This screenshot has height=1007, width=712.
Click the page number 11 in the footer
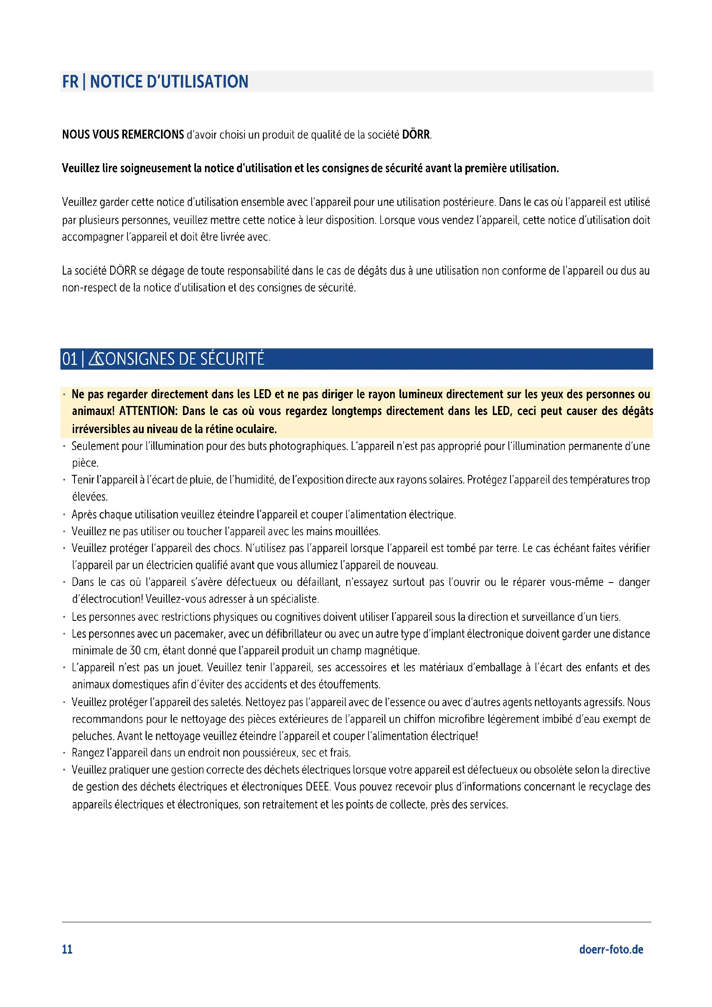click(x=67, y=950)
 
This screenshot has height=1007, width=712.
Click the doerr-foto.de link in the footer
click(x=611, y=950)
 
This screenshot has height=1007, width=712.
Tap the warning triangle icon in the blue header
click(x=96, y=359)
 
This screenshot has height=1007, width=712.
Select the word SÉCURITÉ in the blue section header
click(x=232, y=359)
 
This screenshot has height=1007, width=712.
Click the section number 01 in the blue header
click(x=70, y=359)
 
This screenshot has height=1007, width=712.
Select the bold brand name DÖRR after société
click(x=416, y=135)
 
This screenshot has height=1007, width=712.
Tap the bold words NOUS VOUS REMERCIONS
click(x=123, y=135)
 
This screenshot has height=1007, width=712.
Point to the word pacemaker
click(x=199, y=634)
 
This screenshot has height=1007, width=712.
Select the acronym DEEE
click(x=317, y=787)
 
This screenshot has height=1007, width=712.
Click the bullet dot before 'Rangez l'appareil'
click(x=64, y=753)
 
